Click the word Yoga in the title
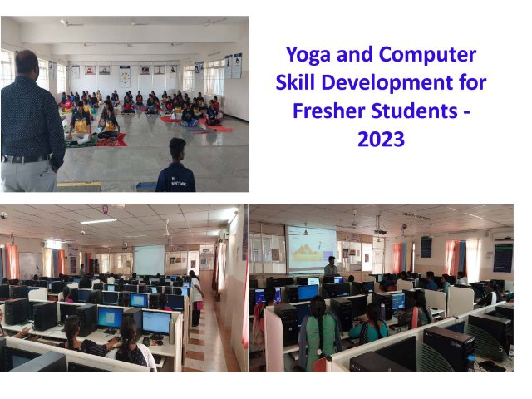pyautogui.click(x=308, y=55)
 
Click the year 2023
pyautogui.click(x=381, y=139)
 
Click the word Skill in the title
pyautogui.click(x=296, y=82)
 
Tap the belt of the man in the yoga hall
pyautogui.click(x=26, y=159)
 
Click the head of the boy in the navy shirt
pyautogui.click(x=177, y=149)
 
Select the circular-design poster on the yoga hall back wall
pyautogui.click(x=125, y=76)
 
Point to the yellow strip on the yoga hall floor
pyautogui.click(x=79, y=184)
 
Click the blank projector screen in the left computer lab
pyautogui.click(x=149, y=259)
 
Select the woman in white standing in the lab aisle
pyautogui.click(x=196, y=298)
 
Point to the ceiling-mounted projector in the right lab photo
pyautogui.click(x=381, y=232)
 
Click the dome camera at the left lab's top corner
pyautogui.click(x=3, y=215)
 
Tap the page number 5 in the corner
pyautogui.click(x=500, y=349)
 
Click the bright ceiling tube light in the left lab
pyautogui.click(x=99, y=222)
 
